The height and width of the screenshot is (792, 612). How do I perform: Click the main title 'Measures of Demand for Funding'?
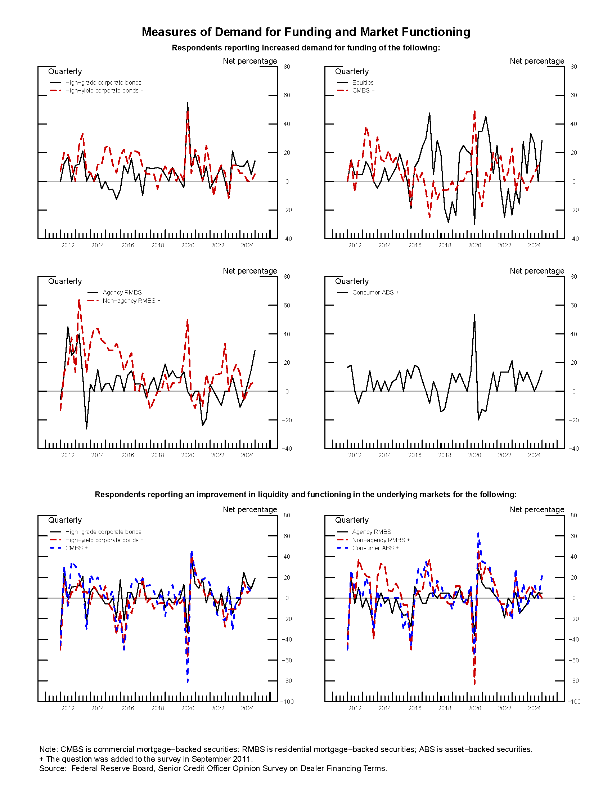pos(306,32)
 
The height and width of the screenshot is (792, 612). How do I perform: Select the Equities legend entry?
pos(363,83)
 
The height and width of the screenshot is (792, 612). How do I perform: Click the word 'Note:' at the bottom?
pos(49,749)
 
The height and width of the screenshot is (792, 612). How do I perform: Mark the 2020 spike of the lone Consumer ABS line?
pos(474,315)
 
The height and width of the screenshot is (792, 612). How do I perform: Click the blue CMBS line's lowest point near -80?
pos(188,681)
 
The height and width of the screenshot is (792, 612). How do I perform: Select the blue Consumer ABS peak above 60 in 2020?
pos(478,534)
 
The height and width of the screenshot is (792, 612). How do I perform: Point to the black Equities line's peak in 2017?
pos(429,113)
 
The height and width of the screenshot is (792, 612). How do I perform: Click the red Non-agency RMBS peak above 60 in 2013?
pos(79,300)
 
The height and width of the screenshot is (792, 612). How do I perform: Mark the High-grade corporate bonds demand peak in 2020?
pos(188,103)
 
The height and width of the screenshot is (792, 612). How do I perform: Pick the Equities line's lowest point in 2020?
pos(474,224)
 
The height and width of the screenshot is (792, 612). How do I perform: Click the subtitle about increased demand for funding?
pos(306,48)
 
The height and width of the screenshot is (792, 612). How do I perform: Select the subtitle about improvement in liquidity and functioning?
pos(306,494)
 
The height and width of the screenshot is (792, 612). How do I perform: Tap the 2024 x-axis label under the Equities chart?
pos(534,246)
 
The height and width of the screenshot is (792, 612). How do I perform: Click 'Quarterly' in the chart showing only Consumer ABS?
pos(352,282)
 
